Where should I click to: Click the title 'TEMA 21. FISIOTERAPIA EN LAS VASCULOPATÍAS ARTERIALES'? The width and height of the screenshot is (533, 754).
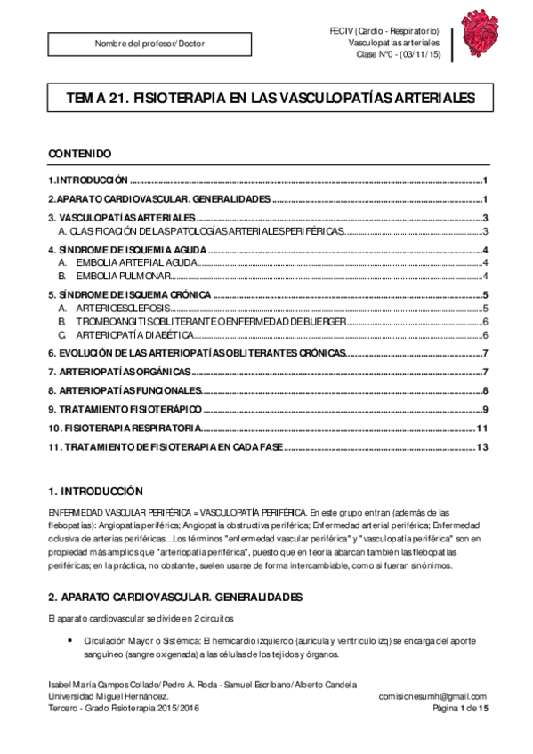(x=266, y=98)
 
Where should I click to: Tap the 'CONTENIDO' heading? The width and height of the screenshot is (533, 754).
(x=79, y=154)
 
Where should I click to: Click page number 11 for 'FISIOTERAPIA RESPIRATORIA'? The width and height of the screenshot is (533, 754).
(x=482, y=429)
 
